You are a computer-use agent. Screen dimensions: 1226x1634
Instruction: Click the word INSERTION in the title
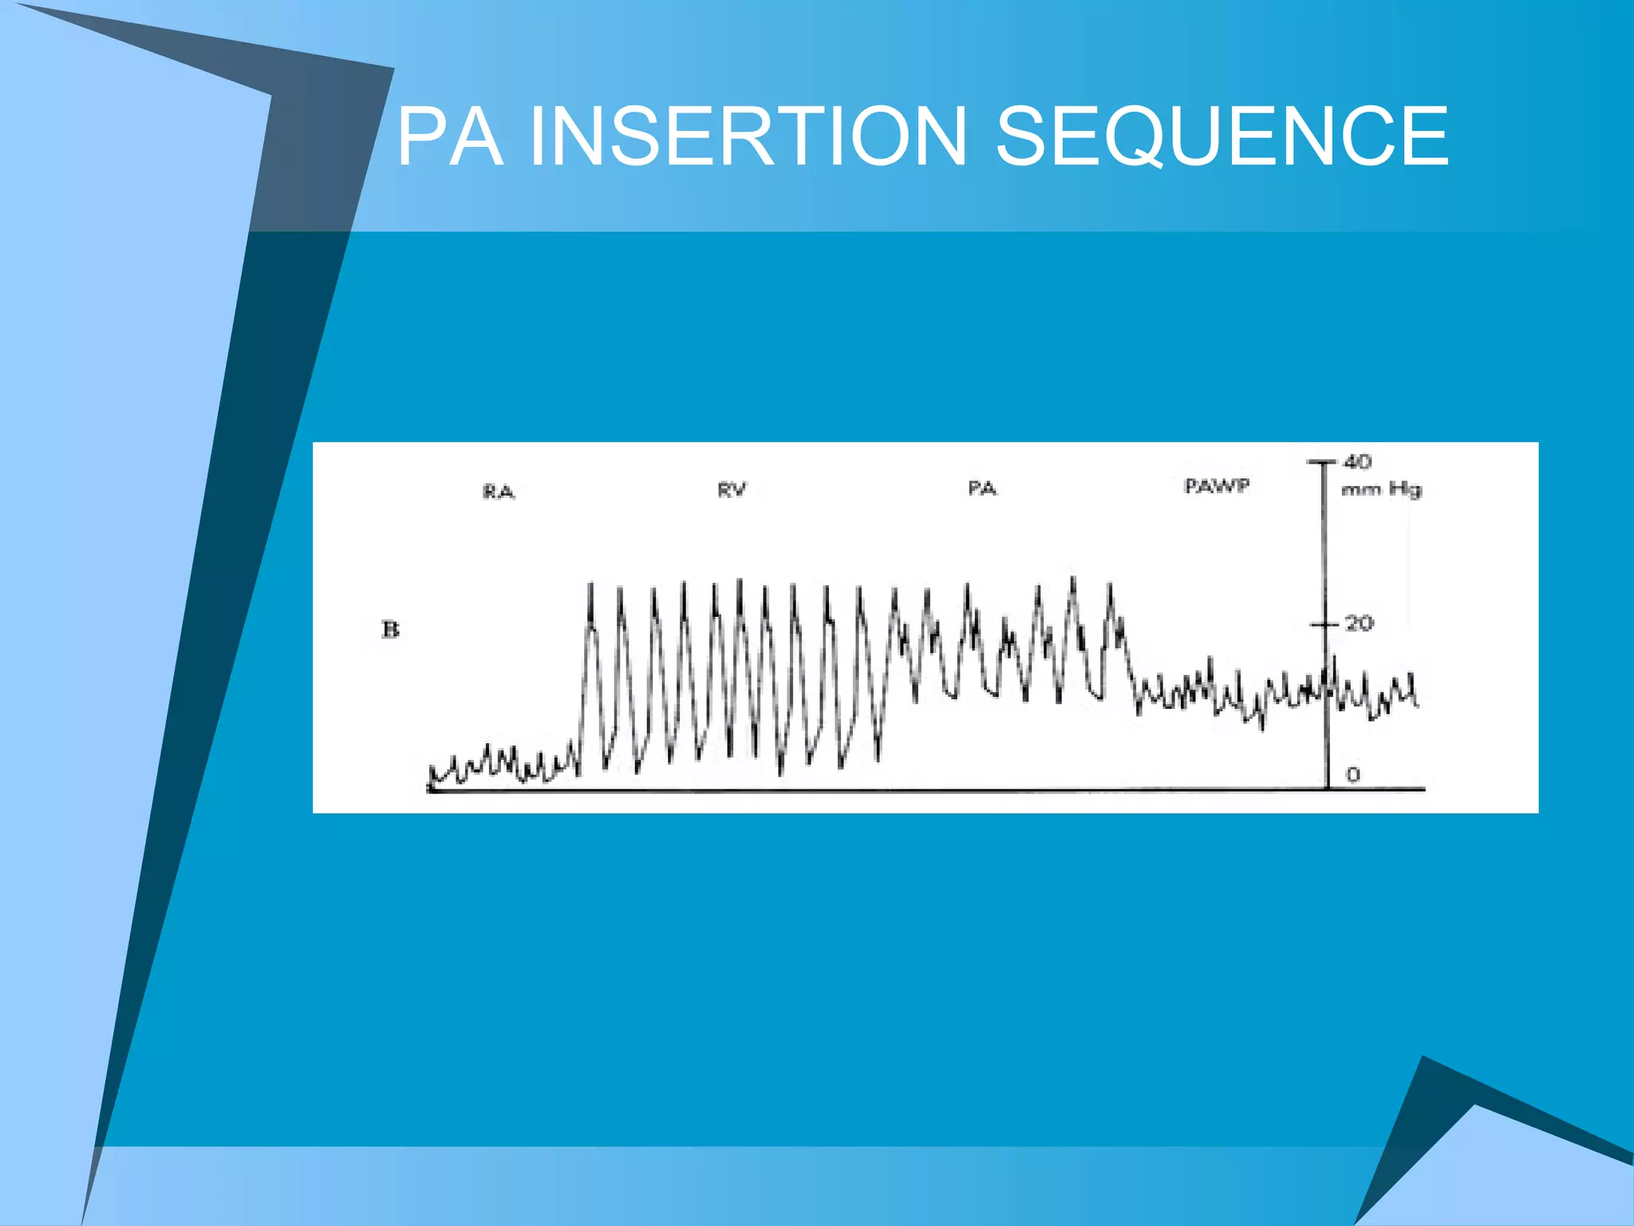[x=748, y=137]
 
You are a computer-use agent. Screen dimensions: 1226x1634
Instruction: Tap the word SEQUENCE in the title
[x=1222, y=137]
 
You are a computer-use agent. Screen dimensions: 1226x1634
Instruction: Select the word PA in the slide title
[x=451, y=137]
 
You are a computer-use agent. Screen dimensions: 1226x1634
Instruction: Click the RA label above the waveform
[x=499, y=492]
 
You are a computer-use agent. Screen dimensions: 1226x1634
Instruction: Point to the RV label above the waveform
[x=732, y=489]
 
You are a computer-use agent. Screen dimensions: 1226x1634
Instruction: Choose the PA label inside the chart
[x=982, y=488]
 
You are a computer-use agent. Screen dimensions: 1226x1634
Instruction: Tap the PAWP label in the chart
[x=1217, y=485]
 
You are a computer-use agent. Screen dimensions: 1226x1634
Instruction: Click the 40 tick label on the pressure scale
[x=1357, y=461]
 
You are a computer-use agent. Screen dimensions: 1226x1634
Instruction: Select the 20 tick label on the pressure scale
[x=1359, y=623]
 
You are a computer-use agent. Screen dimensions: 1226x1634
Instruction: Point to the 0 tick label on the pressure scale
[x=1352, y=774]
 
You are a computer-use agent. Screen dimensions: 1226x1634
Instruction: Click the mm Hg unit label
[x=1381, y=488]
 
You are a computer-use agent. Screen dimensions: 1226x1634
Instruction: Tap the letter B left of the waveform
[x=390, y=630]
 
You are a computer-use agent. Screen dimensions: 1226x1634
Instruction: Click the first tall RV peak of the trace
[x=590, y=587]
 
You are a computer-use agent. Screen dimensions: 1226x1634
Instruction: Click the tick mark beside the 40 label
[x=1322, y=461]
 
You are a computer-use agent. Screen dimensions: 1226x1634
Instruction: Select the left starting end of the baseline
[x=430, y=789]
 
